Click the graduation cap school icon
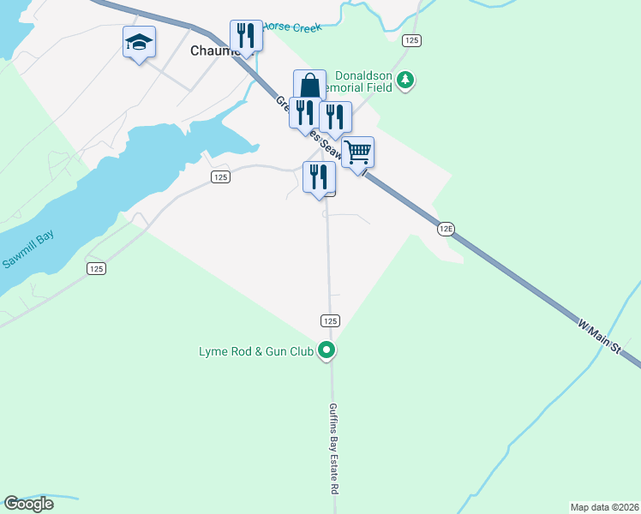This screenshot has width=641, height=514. (x=139, y=42)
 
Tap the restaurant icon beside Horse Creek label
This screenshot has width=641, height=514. (x=245, y=36)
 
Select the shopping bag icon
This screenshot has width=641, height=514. (x=309, y=86)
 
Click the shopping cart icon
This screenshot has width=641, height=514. (x=358, y=152)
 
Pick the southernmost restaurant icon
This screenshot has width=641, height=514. (x=319, y=177)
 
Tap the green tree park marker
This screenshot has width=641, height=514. (x=405, y=81)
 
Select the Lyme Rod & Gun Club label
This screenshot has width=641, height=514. (x=255, y=351)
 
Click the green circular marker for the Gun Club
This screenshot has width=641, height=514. (x=326, y=350)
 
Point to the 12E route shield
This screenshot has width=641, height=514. (x=445, y=229)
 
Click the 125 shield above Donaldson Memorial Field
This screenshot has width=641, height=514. (x=412, y=39)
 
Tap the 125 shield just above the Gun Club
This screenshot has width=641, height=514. (x=331, y=320)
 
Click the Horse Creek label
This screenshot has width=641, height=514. (x=291, y=27)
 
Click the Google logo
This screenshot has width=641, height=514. (x=28, y=504)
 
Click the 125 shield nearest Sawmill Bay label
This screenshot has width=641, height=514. (x=96, y=268)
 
